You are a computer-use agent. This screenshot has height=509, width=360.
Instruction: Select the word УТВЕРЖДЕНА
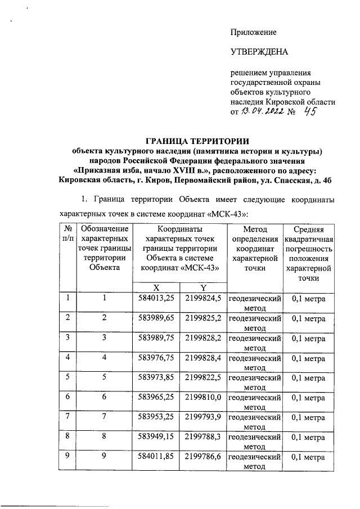pos(259,53)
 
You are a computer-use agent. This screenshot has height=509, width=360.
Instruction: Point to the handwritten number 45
pos(309,112)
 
